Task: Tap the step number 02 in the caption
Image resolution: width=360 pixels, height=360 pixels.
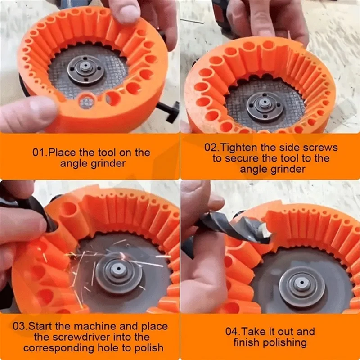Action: pyautogui.click(x=211, y=148)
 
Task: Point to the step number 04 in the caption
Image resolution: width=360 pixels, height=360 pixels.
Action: pyautogui.click(x=232, y=332)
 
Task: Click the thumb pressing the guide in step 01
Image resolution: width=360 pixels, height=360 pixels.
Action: pyautogui.click(x=27, y=115)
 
